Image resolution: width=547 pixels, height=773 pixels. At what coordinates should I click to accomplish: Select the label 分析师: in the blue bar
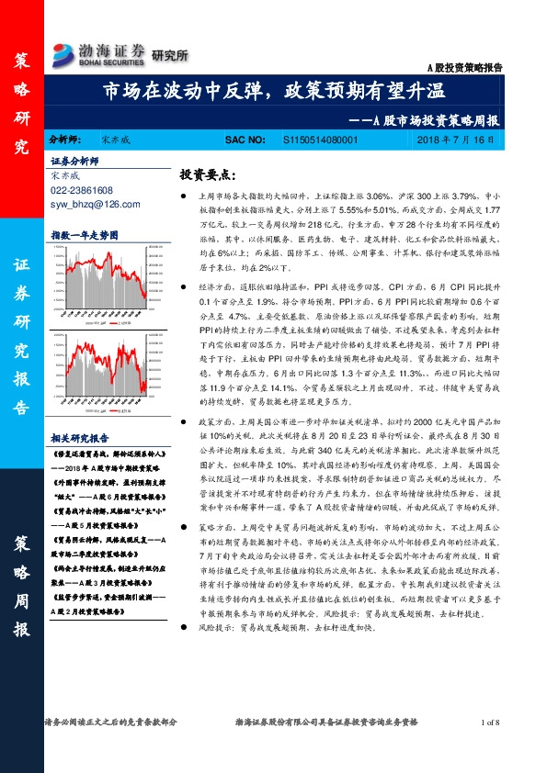pos(65,140)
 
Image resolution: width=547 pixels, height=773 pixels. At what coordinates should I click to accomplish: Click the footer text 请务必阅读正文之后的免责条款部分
pos(106,723)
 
